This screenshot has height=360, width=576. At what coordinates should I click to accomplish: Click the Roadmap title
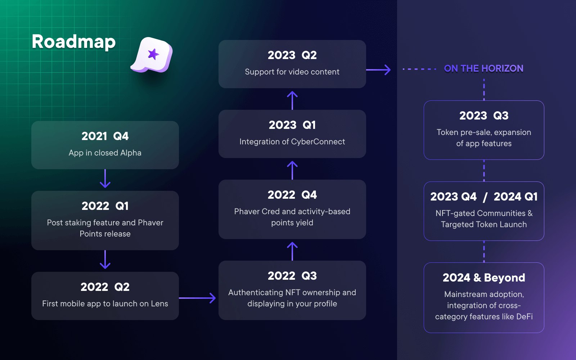click(x=73, y=42)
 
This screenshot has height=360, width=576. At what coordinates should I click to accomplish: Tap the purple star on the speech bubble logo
click(x=153, y=54)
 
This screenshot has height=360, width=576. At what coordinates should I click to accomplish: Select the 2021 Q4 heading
click(x=105, y=136)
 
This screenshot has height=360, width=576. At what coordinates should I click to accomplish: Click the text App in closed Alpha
click(x=105, y=153)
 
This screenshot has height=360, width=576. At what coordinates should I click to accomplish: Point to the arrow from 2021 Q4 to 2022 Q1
click(x=105, y=179)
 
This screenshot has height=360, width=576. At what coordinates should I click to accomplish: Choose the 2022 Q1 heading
click(x=105, y=206)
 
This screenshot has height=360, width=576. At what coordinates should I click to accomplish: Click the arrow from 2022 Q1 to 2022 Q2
click(x=105, y=260)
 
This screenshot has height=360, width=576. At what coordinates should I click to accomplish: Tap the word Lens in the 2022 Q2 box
click(x=159, y=303)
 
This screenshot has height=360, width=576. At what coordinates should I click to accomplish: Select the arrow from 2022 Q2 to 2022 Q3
click(x=198, y=298)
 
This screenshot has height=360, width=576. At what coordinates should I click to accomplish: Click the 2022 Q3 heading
click(x=292, y=276)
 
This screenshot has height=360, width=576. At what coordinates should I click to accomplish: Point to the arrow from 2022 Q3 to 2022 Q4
click(x=292, y=251)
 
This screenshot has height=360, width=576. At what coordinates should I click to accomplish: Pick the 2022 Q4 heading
click(x=292, y=195)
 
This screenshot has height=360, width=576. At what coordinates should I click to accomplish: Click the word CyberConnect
click(x=318, y=141)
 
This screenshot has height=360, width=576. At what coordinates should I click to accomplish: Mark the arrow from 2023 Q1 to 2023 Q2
click(x=292, y=100)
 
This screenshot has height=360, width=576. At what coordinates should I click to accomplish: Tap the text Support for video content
click(x=292, y=72)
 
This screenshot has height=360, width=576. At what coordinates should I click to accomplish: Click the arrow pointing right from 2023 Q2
click(x=378, y=69)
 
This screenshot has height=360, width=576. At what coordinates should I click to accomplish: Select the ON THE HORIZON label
click(x=483, y=68)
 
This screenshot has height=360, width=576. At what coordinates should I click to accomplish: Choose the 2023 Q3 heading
click(x=484, y=116)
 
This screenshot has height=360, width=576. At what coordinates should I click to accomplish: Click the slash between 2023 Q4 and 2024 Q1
click(x=485, y=197)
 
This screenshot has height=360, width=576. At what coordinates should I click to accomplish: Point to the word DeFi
click(x=524, y=316)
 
